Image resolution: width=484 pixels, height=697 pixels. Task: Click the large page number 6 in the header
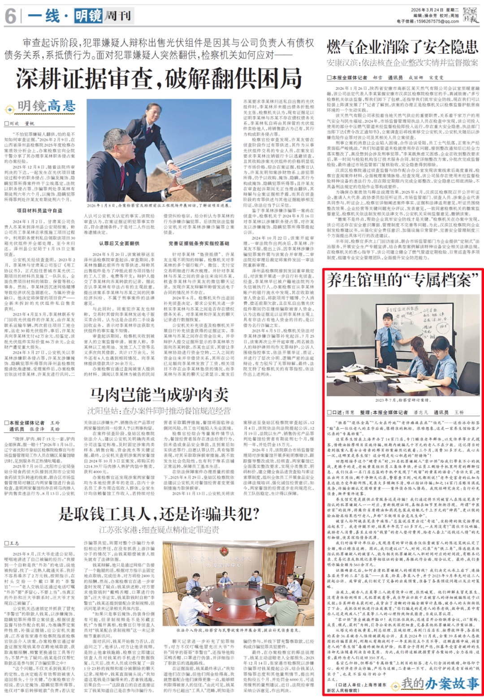click(11, 16)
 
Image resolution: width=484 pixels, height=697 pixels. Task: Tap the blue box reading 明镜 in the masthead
click(88, 16)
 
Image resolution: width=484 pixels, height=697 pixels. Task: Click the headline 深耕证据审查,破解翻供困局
click(159, 78)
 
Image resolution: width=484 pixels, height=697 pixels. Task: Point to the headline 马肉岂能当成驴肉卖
click(159, 395)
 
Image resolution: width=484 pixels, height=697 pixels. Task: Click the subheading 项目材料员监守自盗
click(40, 210)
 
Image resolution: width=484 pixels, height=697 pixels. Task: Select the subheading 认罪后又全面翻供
click(119, 244)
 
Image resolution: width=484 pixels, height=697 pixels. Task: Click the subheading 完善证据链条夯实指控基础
click(199, 244)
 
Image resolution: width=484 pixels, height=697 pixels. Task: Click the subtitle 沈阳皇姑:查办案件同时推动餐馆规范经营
click(159, 410)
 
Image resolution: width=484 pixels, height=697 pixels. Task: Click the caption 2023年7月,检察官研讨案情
click(402, 400)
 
